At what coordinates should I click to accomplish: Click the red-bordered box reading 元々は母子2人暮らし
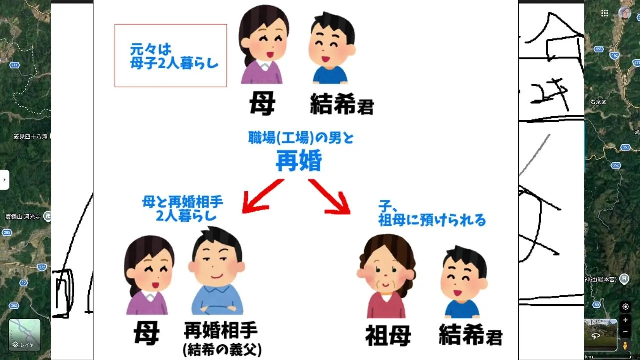click(170, 56)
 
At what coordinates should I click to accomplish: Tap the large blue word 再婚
click(299, 161)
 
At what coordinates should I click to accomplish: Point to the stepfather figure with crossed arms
click(217, 272)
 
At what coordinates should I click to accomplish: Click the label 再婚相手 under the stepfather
click(221, 331)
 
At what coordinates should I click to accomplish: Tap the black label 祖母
click(388, 336)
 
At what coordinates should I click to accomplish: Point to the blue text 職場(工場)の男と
click(301, 138)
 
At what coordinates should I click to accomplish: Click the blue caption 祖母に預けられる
click(432, 220)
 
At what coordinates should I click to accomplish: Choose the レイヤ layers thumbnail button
click(24, 334)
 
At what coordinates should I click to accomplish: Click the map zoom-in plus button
click(625, 320)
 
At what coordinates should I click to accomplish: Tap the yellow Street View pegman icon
click(625, 345)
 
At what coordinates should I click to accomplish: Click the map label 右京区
click(598, 102)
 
